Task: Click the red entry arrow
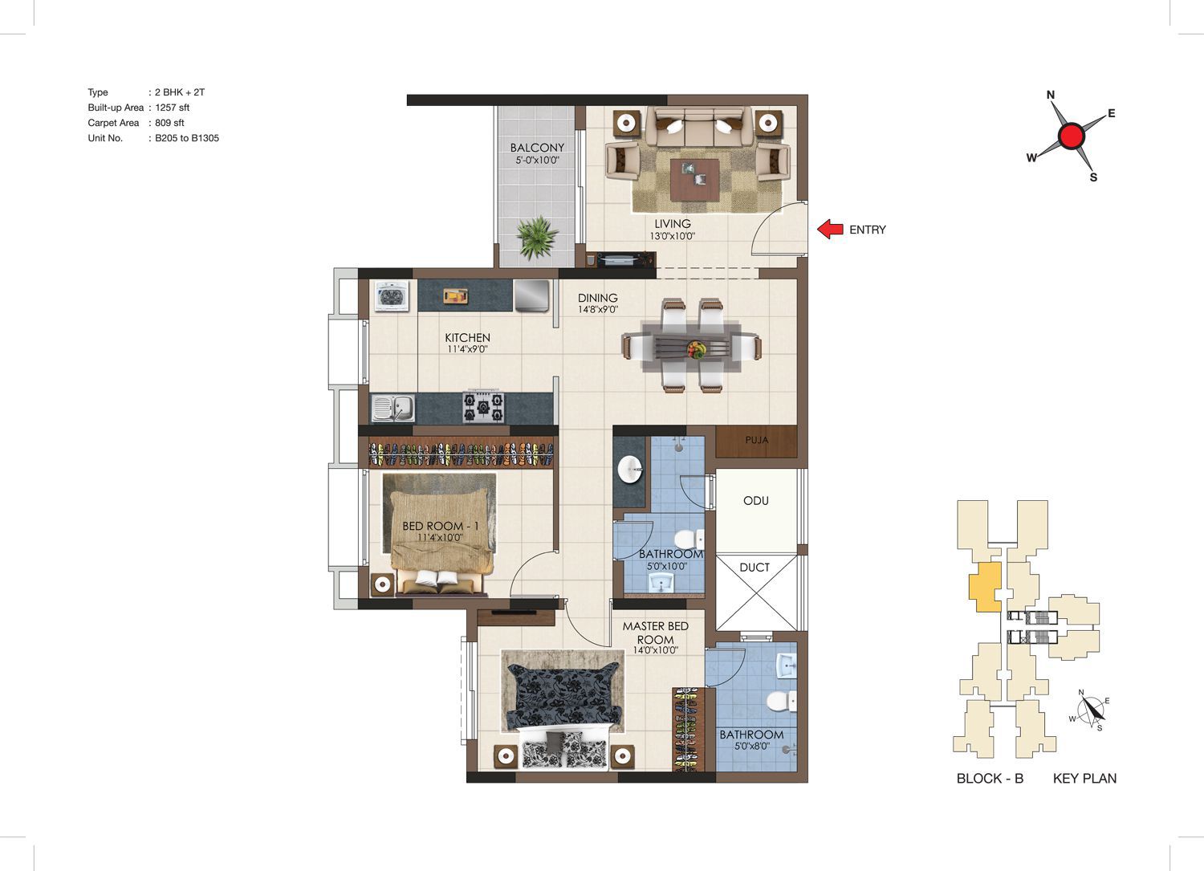(830, 229)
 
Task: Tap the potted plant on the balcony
(537, 237)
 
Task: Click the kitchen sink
(393, 409)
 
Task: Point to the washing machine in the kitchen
(392, 296)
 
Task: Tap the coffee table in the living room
(695, 180)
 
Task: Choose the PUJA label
(756, 441)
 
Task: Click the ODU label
(756, 501)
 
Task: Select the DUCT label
(755, 568)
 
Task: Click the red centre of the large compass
(1072, 136)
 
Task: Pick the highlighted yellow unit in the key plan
(985, 587)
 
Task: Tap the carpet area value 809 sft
(170, 123)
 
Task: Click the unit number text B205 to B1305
(187, 138)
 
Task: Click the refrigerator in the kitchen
(532, 295)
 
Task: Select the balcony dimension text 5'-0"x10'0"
(538, 161)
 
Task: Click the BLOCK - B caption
(990, 778)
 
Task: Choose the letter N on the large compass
(1051, 96)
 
